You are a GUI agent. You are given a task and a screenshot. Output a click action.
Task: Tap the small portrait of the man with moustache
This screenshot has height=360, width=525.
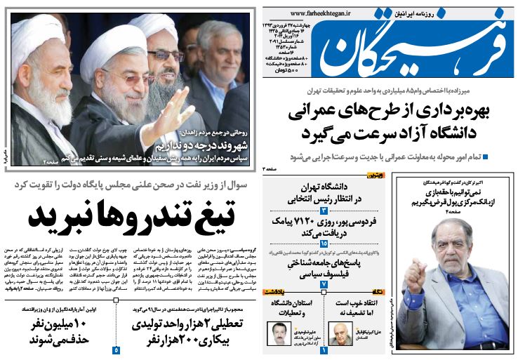click(275, 333)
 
